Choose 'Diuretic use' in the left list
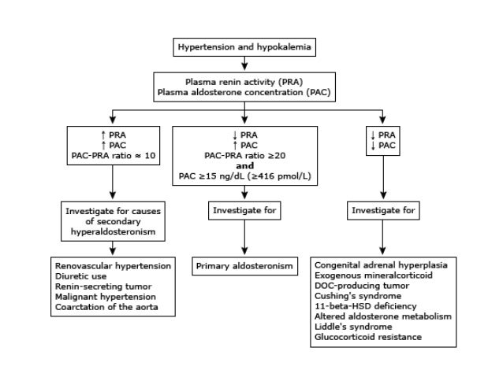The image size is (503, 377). [x=80, y=276]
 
